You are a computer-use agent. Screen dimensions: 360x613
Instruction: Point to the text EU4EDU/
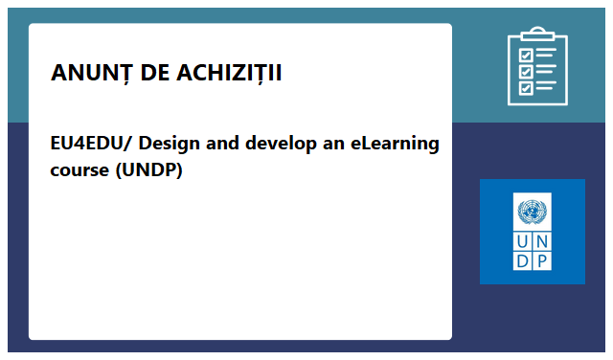point(87,145)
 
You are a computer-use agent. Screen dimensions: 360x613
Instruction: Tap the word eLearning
point(388,145)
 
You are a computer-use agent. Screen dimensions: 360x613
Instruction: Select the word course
point(79,171)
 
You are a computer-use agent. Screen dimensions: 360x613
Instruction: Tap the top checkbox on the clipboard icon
point(525,54)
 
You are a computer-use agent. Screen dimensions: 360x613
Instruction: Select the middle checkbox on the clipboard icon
point(525,71)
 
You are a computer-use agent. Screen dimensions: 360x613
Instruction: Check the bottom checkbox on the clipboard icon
point(525,88)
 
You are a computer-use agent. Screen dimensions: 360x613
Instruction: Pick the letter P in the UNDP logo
point(542,261)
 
